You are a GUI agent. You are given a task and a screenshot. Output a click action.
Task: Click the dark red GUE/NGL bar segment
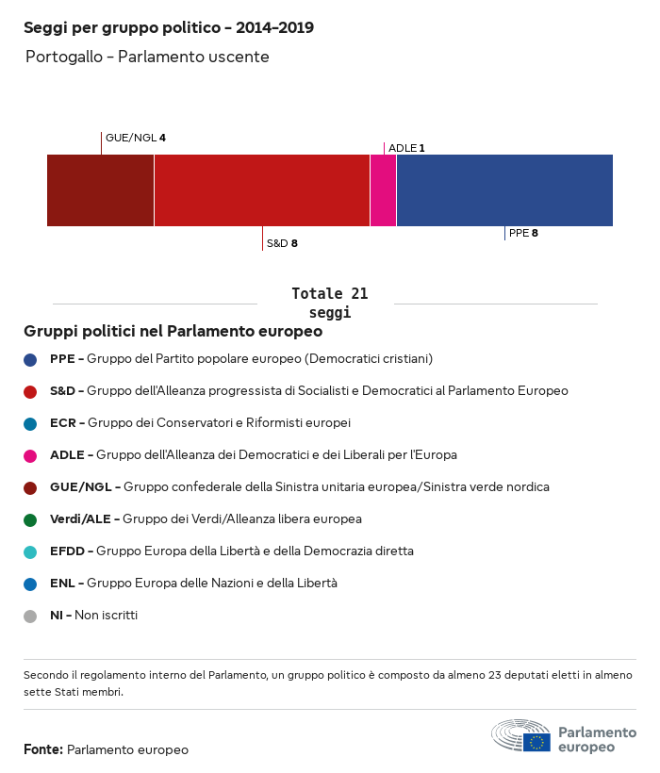100,190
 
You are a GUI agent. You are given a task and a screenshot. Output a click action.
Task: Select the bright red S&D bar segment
261,190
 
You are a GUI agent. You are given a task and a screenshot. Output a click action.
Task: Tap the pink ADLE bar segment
383,190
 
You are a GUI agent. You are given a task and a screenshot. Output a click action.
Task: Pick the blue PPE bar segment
504,190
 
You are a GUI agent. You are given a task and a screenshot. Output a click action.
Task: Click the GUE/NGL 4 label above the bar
135,138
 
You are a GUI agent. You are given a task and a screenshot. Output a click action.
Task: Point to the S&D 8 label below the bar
282,243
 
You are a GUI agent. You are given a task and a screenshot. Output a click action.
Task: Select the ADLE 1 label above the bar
406,148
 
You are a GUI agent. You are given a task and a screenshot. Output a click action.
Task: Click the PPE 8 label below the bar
523,233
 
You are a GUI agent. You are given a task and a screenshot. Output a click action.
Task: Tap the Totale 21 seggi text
329,303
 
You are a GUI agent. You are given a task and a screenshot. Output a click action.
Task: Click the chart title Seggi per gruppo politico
169,28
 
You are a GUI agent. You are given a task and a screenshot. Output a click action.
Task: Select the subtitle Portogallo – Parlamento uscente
147,58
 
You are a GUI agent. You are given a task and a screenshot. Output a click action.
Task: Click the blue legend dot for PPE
31,359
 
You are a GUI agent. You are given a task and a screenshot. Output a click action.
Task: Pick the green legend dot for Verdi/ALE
31,519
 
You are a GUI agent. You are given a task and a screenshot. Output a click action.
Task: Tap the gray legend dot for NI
31,616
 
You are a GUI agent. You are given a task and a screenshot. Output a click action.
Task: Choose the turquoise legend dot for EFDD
31,551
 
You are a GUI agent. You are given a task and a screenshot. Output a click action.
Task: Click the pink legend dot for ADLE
31,455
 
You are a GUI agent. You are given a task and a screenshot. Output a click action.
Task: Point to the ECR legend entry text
200,422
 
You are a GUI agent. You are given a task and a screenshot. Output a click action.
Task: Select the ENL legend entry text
193,584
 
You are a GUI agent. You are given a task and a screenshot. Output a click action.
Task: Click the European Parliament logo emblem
520,735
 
